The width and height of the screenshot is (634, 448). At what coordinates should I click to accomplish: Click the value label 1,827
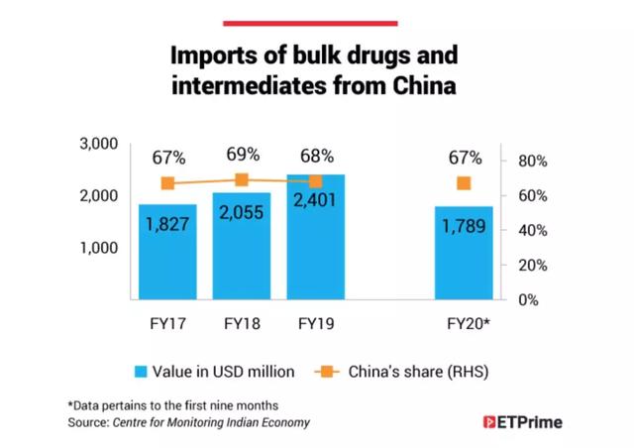click(168, 225)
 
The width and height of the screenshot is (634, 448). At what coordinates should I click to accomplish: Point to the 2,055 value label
click(242, 217)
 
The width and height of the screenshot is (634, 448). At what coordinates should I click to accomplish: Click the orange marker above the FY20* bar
click(464, 183)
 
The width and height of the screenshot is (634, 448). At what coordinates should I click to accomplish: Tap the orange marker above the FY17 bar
click(168, 183)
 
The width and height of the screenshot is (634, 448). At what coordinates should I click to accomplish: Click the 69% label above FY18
click(242, 155)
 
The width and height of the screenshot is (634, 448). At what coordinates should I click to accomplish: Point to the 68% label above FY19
click(316, 157)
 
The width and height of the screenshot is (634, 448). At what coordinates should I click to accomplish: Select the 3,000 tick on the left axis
click(98, 145)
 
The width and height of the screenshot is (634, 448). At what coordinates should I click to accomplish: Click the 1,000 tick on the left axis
click(98, 248)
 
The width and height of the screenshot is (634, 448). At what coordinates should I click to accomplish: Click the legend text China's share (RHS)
click(416, 372)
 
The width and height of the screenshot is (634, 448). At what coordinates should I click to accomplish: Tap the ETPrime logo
click(522, 422)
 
